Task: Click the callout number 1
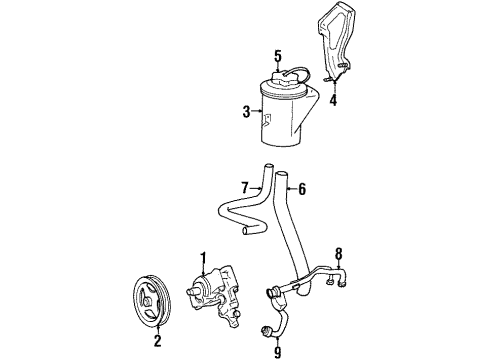[203, 258]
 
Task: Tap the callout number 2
[157, 341]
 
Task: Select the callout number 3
[246, 112]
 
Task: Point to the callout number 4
[333, 100]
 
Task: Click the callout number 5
[278, 56]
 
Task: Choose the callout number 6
[302, 189]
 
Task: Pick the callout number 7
[245, 188]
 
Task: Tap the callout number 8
[338, 254]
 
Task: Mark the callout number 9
[277, 351]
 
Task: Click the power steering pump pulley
[152, 300]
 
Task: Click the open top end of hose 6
[282, 174]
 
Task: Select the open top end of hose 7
[268, 166]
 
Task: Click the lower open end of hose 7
[245, 231]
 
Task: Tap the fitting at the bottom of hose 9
[266, 330]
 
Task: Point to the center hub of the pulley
[147, 302]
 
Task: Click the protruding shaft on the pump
[191, 291]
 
